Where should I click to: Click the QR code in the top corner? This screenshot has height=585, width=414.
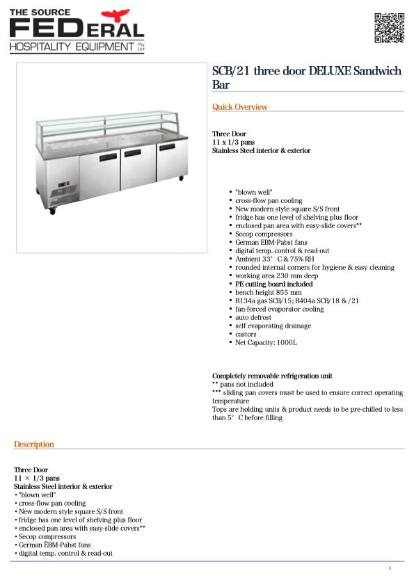389,28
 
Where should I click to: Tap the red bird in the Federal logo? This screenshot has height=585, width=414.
116,15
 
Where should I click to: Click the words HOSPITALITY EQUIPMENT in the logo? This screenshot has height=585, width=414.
71,47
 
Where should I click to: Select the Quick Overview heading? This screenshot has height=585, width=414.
239,107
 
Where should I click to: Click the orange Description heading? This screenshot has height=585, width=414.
33,444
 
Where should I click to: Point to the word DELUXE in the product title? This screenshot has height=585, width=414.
328,72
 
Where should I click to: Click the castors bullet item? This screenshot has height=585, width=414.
246,335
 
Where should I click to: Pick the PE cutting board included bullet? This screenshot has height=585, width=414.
273,285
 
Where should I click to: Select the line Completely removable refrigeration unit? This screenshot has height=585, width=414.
272,376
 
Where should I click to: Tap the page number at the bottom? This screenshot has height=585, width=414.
390,569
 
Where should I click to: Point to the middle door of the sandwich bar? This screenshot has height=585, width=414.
136,167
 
